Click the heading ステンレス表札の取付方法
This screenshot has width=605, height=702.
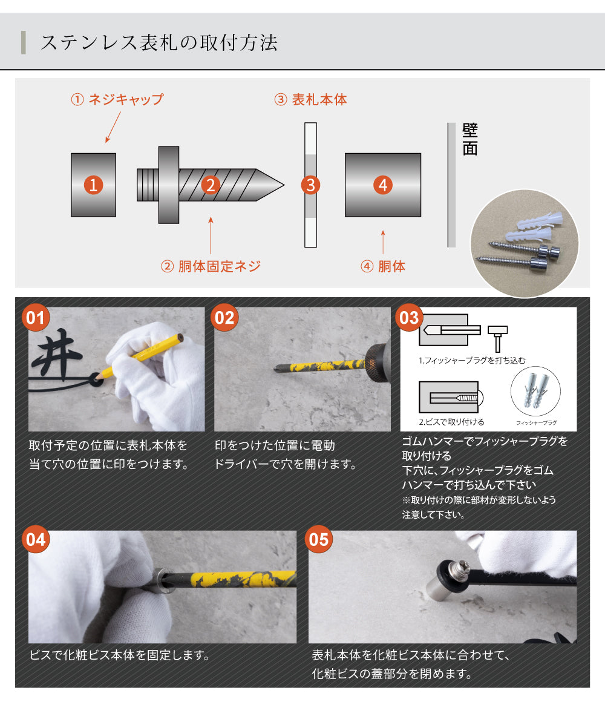point(159,43)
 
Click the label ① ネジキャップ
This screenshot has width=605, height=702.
point(117,99)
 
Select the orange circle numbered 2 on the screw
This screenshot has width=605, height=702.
point(209,185)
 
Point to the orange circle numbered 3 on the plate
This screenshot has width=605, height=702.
point(310,185)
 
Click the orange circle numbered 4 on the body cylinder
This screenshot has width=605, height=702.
point(382,185)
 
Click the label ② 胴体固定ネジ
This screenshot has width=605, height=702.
point(211,266)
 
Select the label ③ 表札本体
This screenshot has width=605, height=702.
point(310,100)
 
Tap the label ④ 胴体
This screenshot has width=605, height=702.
point(382,266)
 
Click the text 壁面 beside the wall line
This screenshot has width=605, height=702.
point(469,139)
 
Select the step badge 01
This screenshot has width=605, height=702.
point(35,318)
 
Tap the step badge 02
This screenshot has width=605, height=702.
point(224,318)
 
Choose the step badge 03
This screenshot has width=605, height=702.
point(410,318)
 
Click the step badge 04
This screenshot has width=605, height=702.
point(35,539)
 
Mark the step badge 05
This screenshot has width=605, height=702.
point(318,539)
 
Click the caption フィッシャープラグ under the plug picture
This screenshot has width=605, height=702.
point(536,422)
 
